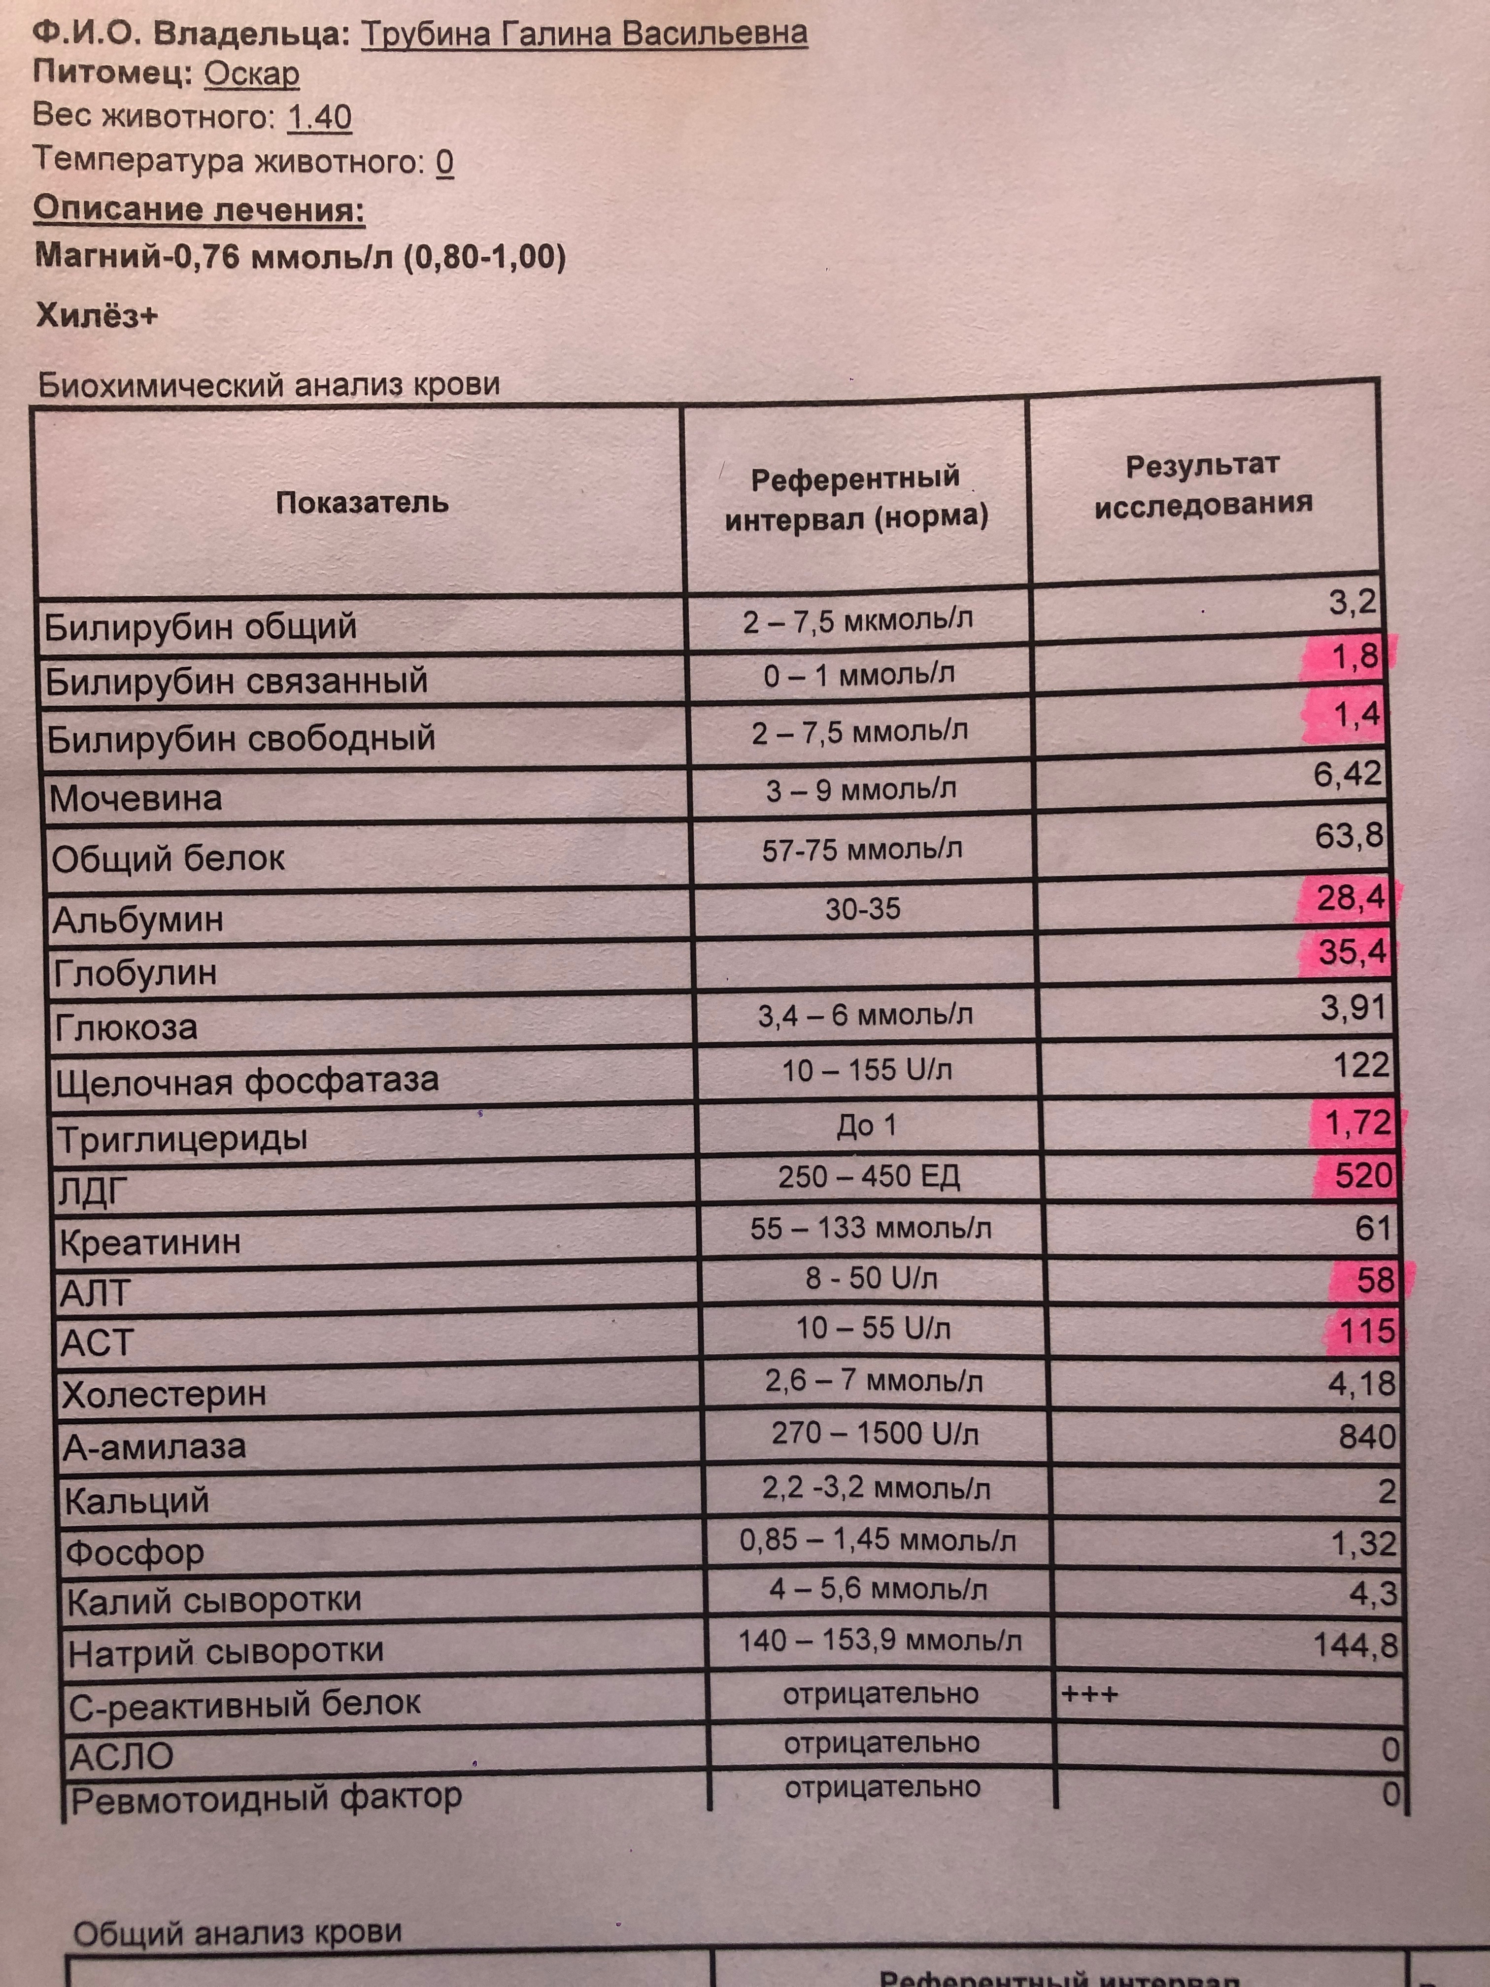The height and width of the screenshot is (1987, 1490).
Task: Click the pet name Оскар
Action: (x=251, y=73)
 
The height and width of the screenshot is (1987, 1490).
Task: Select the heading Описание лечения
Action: (x=200, y=210)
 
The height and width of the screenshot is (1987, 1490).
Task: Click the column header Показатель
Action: (x=362, y=502)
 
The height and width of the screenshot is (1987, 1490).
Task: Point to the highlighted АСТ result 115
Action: (x=1367, y=1331)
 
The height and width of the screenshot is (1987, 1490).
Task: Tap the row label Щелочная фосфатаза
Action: (x=247, y=1081)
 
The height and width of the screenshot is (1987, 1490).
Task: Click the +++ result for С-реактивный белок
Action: (x=1089, y=1695)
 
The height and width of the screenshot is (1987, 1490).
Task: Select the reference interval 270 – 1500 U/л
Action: (x=875, y=1433)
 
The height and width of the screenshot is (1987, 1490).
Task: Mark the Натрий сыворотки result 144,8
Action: (x=1355, y=1645)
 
